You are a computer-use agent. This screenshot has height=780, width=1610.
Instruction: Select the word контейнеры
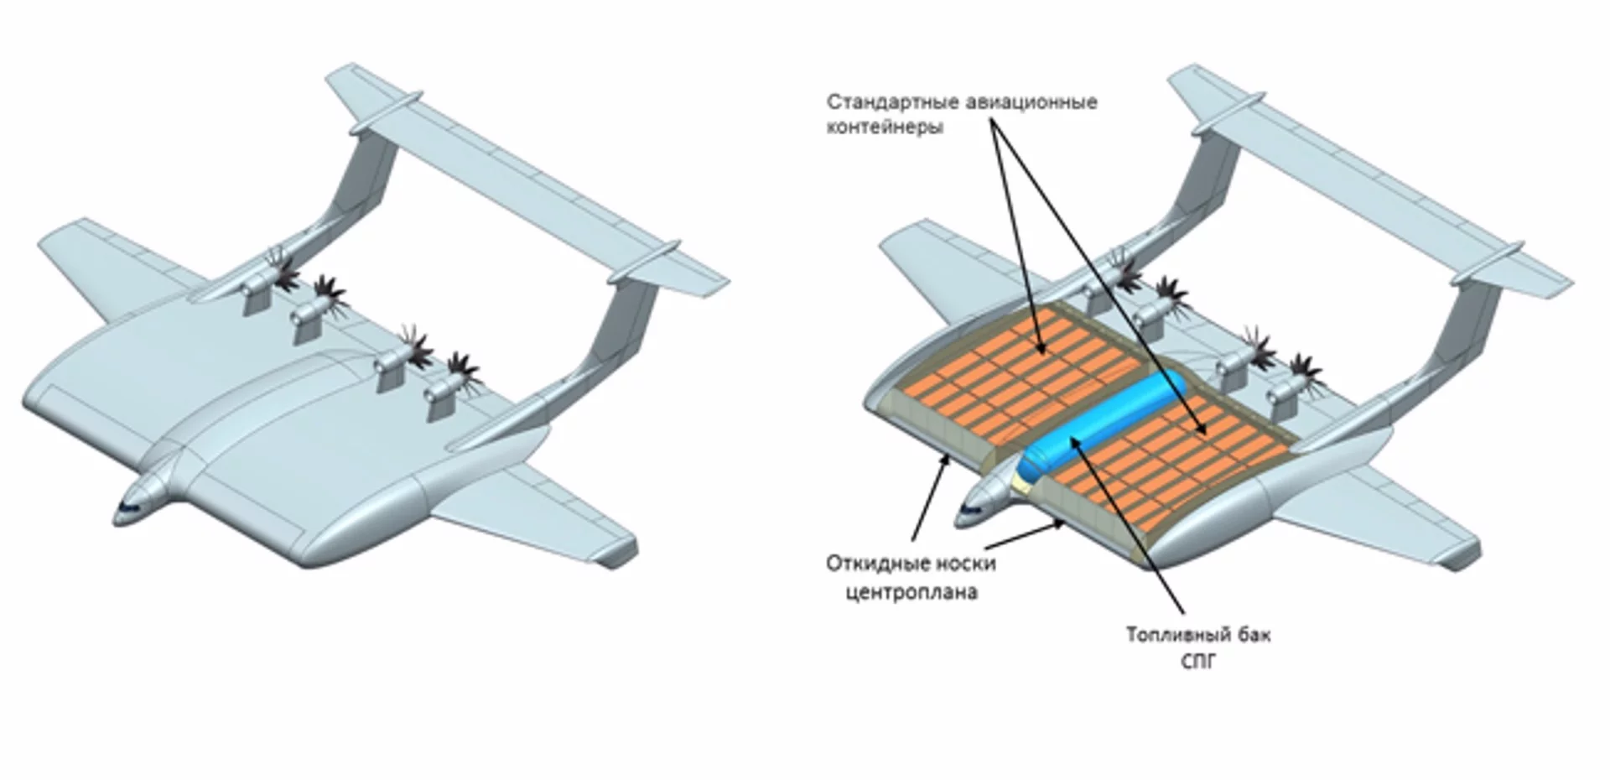(x=885, y=127)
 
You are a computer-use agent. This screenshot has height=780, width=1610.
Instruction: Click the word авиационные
(x=1027, y=102)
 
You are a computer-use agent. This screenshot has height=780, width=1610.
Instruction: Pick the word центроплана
(x=911, y=592)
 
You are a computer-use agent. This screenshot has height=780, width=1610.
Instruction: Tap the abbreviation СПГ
(x=1197, y=662)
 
